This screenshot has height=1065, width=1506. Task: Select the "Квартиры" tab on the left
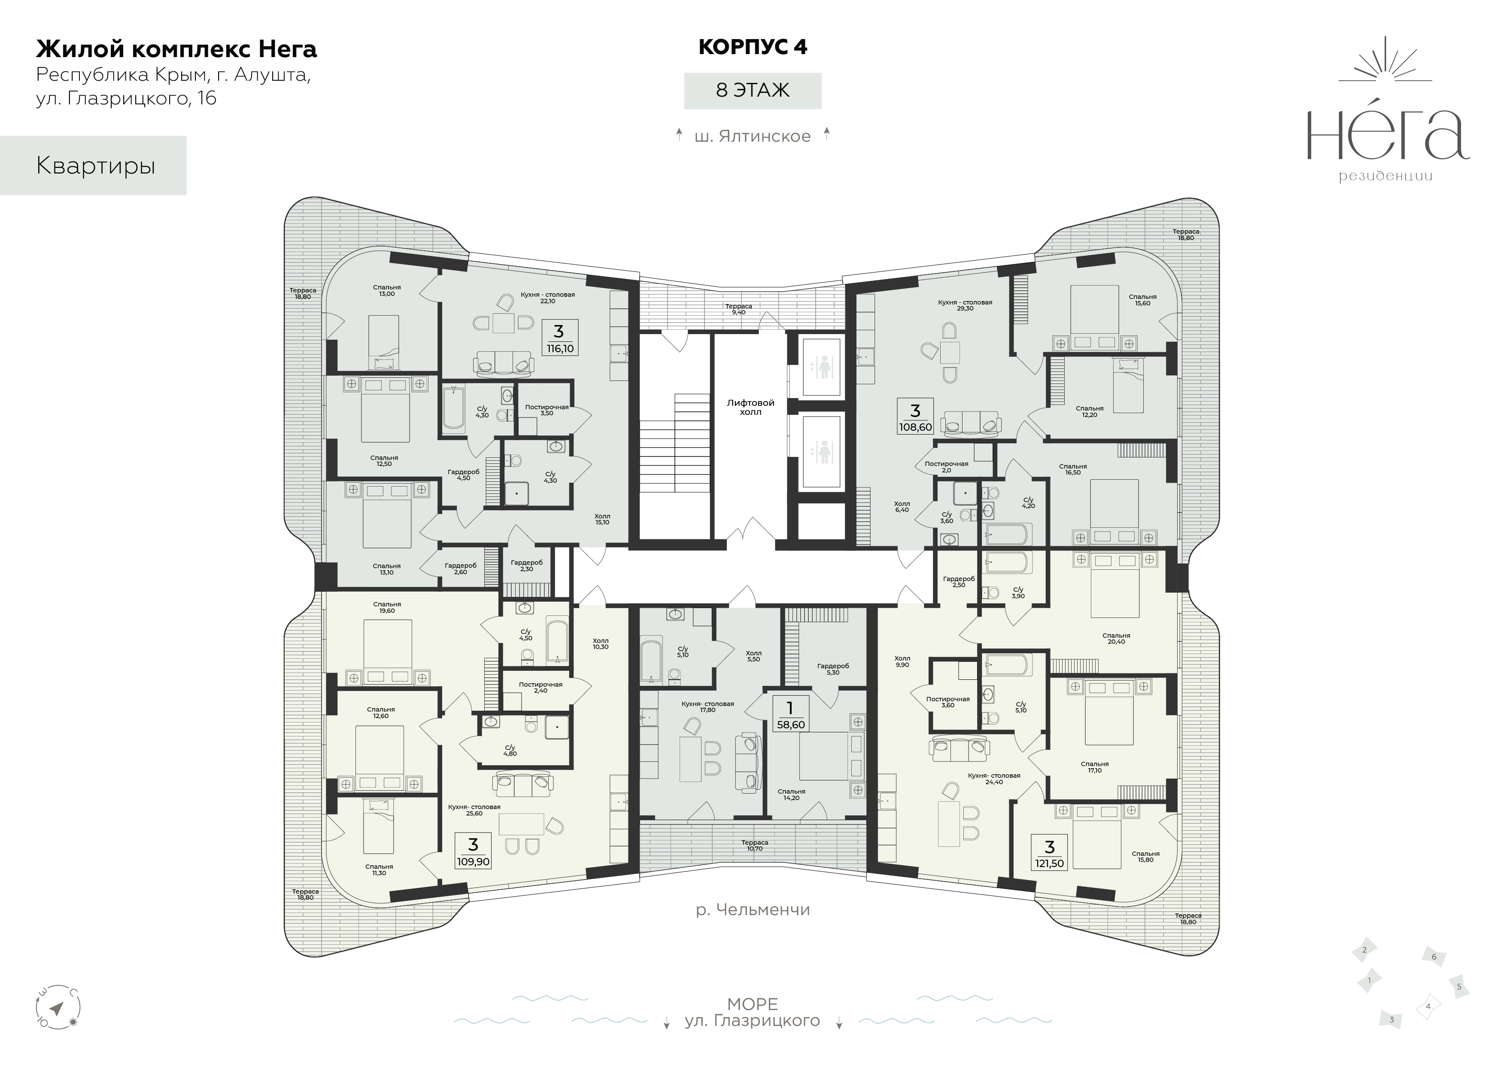coord(93,165)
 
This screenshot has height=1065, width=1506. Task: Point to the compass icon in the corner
coord(57,1009)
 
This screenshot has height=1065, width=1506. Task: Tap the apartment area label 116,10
coord(559,348)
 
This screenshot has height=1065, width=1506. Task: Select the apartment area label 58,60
coord(790,724)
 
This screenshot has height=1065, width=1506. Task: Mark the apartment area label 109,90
coord(473,861)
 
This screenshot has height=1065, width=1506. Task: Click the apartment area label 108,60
coord(915,426)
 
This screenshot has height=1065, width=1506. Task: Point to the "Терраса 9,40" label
coord(738,309)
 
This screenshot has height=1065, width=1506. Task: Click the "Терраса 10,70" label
coord(754,845)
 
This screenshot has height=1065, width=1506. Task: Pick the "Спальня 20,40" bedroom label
coord(1116,639)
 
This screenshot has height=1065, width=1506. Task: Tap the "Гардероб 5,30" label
coord(832,669)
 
